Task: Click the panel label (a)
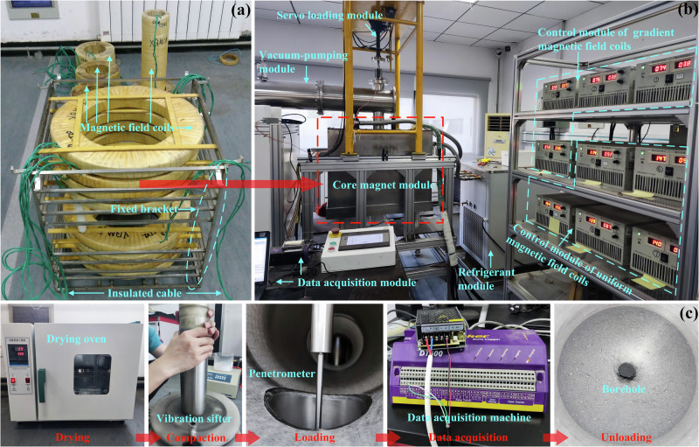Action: point(241,10)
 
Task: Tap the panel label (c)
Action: point(689,313)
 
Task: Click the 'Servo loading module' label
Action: point(329,15)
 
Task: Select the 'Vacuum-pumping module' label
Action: point(303,62)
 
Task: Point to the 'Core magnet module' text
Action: point(384,185)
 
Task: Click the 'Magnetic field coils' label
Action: point(127,128)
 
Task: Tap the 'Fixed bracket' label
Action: point(144,209)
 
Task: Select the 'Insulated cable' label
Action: point(144,293)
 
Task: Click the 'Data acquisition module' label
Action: point(356,283)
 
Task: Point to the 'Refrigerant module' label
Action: point(486,279)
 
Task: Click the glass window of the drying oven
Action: point(92,374)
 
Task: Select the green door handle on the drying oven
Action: point(41,385)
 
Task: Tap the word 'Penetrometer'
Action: point(281,374)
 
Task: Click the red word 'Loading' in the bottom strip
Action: point(315,437)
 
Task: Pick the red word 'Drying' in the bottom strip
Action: point(73,437)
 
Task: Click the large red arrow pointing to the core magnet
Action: point(229,184)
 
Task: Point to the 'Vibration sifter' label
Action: point(194,418)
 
